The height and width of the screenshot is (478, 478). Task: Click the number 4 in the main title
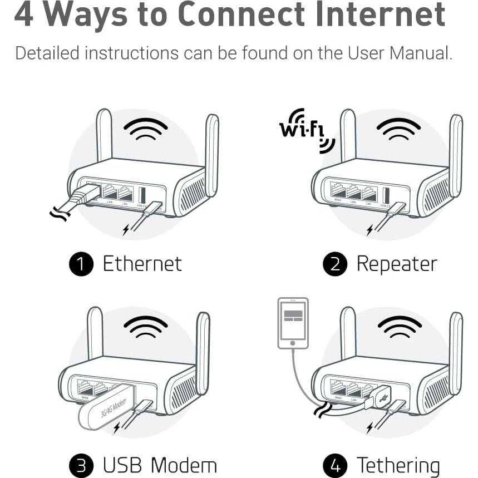click(x=24, y=15)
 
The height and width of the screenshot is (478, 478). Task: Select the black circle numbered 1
click(x=81, y=264)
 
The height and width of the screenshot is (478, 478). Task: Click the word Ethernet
click(x=142, y=264)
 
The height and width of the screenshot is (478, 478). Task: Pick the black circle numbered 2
click(x=334, y=264)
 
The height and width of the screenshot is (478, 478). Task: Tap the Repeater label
click(x=397, y=264)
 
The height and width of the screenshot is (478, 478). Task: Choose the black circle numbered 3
click(x=81, y=465)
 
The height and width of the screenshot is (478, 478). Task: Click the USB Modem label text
click(x=160, y=465)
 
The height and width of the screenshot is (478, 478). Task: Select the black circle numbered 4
click(x=334, y=465)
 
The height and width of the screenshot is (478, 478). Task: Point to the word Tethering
click(x=398, y=465)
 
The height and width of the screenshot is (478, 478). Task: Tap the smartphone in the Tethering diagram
click(x=293, y=323)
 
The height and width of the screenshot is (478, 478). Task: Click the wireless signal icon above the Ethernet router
click(x=145, y=129)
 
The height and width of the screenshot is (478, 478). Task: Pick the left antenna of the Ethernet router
click(x=104, y=136)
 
